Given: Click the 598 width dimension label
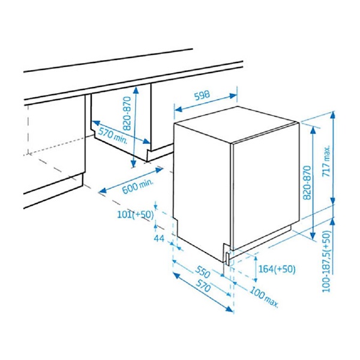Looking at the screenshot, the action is tap(202, 95).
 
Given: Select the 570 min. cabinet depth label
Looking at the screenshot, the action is tap(113, 136).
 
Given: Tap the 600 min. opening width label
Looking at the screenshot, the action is tap(137, 186).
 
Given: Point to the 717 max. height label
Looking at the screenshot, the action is tap(327, 161).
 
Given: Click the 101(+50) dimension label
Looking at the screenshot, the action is tap(136, 214).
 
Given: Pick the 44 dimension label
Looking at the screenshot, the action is tap(159, 239).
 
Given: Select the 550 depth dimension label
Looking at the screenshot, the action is tap(203, 272).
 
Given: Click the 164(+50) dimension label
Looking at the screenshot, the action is tap(277, 269).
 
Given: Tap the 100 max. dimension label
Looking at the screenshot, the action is tap(264, 296).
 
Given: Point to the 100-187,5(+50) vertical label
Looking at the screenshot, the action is tap(326, 261).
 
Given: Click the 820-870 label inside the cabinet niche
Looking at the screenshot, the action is tap(127, 113).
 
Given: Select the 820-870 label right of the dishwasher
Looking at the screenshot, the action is tap(307, 182).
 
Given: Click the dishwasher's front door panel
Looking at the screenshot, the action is tap(266, 187).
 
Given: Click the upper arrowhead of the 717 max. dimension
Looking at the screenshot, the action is tap(332, 116).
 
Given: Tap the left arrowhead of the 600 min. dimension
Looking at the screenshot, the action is tap(103, 190).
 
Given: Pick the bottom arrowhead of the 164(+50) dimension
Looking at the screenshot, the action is tap(255, 279).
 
